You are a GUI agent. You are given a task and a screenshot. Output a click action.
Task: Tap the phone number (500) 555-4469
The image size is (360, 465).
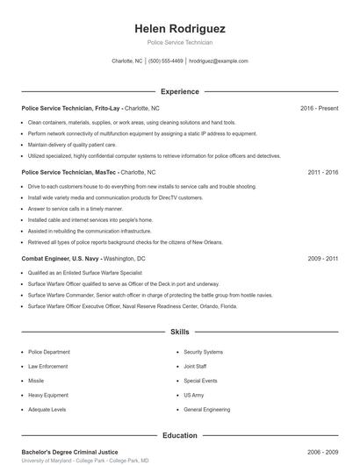point(166,61)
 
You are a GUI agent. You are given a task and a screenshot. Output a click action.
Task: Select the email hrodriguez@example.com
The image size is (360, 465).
point(219,61)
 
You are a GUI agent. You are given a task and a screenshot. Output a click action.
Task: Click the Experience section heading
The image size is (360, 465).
point(179,91)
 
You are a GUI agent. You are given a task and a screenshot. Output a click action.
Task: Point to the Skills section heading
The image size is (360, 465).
point(179,333)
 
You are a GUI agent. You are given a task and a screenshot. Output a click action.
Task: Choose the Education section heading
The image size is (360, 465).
point(179,435)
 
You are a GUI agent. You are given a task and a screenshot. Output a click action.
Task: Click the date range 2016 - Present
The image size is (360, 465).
point(319,108)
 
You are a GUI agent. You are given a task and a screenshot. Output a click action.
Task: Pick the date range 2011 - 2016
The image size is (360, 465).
point(323,173)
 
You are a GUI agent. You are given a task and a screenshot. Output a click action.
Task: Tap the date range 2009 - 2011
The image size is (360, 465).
point(323,259)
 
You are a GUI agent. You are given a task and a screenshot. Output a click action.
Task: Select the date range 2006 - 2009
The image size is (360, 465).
point(323,451)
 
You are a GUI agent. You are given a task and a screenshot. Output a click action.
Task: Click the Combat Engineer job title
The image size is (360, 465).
point(45,259)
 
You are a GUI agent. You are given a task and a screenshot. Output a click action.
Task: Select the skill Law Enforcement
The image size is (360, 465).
point(47,366)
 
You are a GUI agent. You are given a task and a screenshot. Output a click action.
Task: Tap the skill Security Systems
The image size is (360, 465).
point(204,352)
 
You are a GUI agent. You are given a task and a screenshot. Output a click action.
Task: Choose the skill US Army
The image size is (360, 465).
point(194,395)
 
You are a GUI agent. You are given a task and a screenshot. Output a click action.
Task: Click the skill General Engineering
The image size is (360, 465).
point(207,410)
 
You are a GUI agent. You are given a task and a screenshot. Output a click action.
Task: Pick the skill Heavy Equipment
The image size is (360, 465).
point(47,395)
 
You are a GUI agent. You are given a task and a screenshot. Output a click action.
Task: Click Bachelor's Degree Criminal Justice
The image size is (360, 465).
point(68,451)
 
